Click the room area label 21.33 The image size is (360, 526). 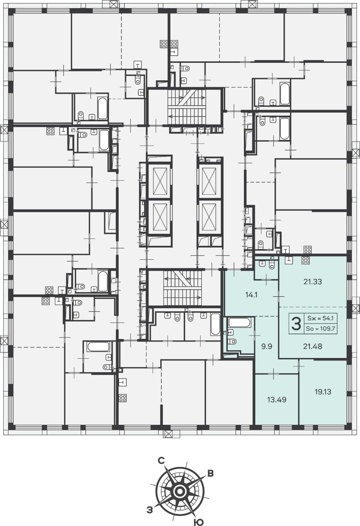click(313, 282)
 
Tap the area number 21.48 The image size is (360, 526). click(313, 346)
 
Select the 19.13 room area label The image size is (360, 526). click(323, 392)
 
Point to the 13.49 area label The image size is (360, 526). click(277, 400)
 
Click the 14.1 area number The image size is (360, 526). click(251, 295)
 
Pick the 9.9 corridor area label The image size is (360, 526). click(267, 346)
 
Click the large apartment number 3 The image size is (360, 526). click(296, 324)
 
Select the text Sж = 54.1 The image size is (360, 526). click(320, 319)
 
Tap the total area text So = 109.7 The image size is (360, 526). click(320, 329)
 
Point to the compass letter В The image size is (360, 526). click(211, 474)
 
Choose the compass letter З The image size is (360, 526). click(149, 508)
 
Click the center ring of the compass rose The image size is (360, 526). click(179, 492)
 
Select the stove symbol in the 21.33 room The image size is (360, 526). click(306, 260)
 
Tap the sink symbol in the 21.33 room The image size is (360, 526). click(289, 259)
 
